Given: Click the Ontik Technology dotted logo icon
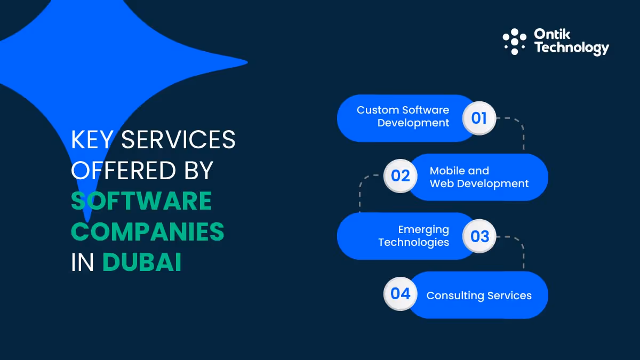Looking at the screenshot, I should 515,42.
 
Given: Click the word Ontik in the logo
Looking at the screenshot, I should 552,35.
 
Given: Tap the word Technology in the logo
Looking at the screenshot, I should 571,48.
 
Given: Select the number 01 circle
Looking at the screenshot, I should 479,117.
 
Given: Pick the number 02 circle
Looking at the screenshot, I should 400,175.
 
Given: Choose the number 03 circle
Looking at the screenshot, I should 479,236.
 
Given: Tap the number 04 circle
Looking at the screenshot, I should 400,293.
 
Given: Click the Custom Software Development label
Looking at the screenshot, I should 403,116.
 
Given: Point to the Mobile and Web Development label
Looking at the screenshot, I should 479,177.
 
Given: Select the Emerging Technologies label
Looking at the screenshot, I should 414,236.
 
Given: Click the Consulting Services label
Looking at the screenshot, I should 479,295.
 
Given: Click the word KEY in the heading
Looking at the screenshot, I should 92,140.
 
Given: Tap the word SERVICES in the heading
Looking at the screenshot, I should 178,140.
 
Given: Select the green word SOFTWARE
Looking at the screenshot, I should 141,201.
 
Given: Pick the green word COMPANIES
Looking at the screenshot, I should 148,232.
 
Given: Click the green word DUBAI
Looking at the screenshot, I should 142,262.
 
